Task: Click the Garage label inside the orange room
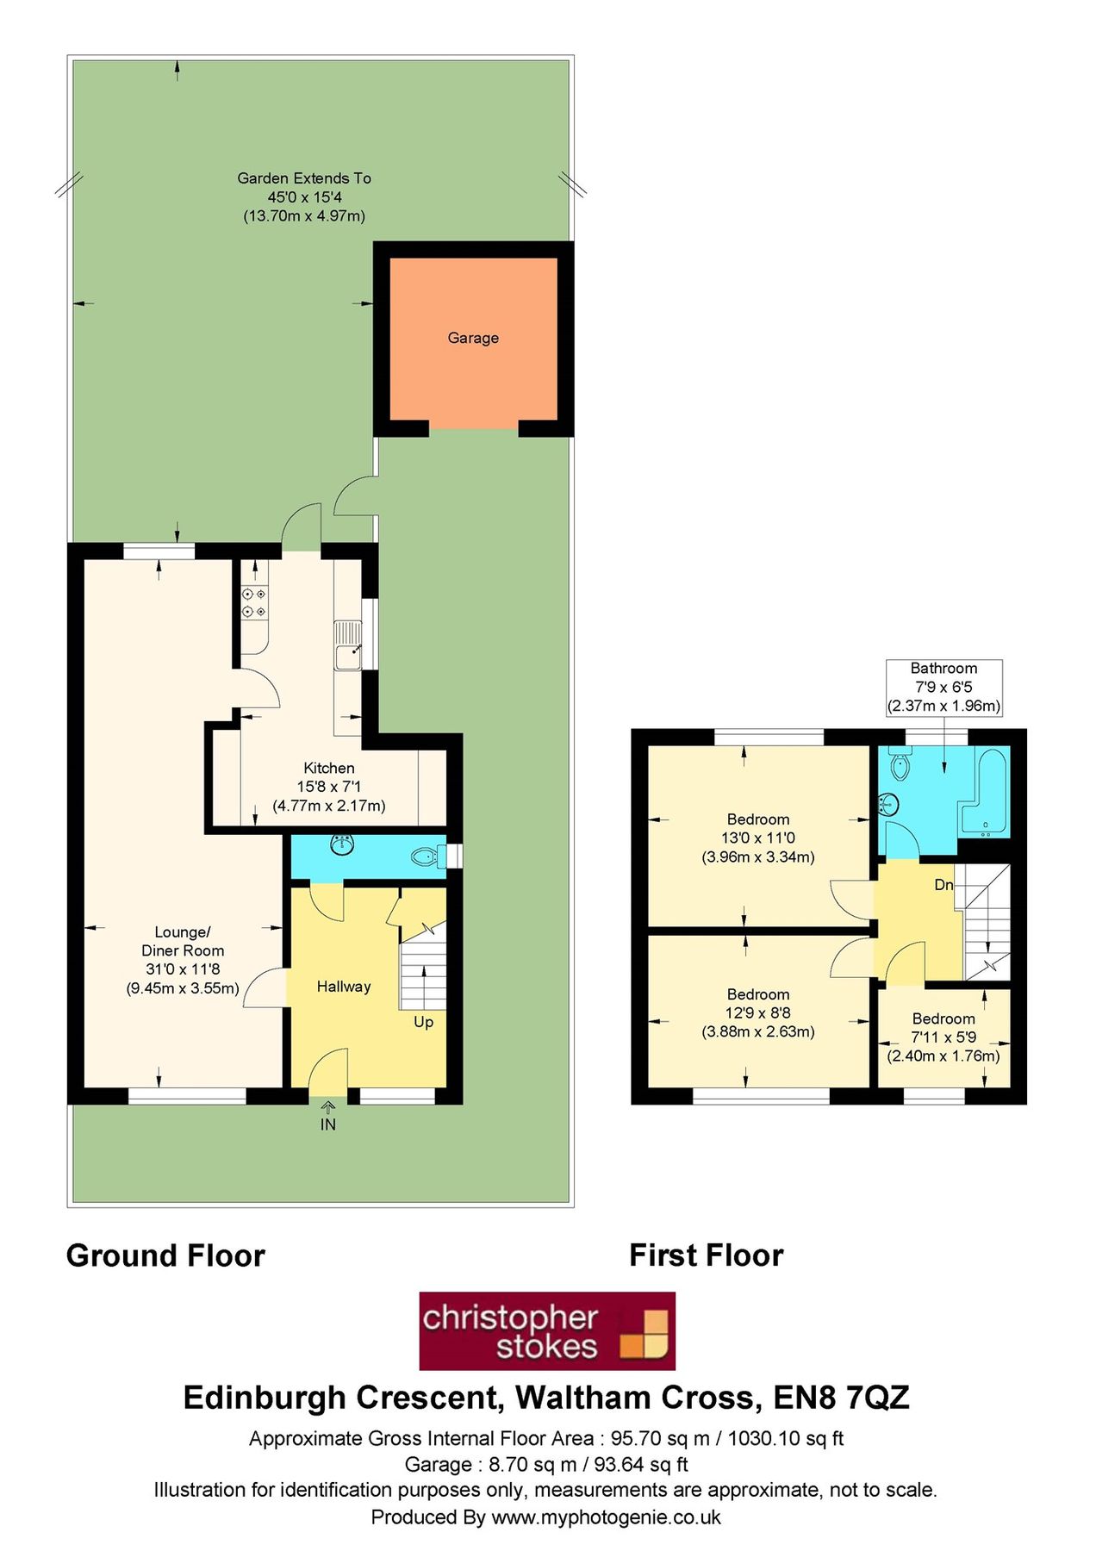pyautogui.click(x=472, y=338)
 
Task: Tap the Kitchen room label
pyautogui.click(x=328, y=768)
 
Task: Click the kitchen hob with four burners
pyautogui.click(x=254, y=602)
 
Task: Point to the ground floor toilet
pyautogui.click(x=427, y=856)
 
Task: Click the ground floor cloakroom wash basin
pyautogui.click(x=343, y=844)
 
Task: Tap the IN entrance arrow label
pyautogui.click(x=328, y=1124)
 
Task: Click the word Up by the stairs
pyautogui.click(x=423, y=1022)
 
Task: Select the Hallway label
pyautogui.click(x=343, y=987)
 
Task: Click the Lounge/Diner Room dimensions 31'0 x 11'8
pyautogui.click(x=183, y=969)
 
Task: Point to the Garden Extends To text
pyautogui.click(x=304, y=178)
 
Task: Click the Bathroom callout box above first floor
pyautogui.click(x=943, y=687)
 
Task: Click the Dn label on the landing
pyautogui.click(x=943, y=885)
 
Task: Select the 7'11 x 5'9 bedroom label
pyautogui.click(x=943, y=1037)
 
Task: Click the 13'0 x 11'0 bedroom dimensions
pyautogui.click(x=757, y=838)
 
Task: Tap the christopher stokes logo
pyautogui.click(x=547, y=1330)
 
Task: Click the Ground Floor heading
pyautogui.click(x=165, y=1255)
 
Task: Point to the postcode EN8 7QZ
pyautogui.click(x=841, y=1397)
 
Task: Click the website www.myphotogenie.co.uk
pyautogui.click(x=606, y=1517)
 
